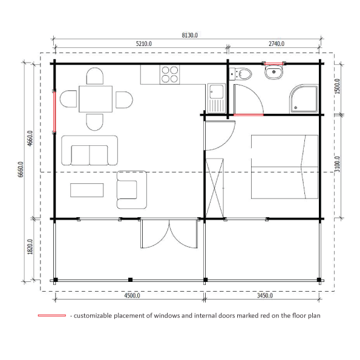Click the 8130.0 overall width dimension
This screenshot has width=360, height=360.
click(x=189, y=35)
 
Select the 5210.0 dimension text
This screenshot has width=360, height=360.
click(x=144, y=44)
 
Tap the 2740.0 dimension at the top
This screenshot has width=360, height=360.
click(x=277, y=44)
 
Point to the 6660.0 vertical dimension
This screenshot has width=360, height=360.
click(x=21, y=169)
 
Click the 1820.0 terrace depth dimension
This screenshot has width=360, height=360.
click(x=30, y=247)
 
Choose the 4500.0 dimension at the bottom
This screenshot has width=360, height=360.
click(x=132, y=295)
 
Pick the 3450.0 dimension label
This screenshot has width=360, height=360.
click(x=265, y=295)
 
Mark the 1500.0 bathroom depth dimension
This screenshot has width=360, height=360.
click(x=337, y=87)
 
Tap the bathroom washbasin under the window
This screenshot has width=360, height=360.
click(x=273, y=72)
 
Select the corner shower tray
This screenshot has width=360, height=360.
click(x=304, y=99)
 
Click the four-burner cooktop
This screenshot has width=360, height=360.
click(x=169, y=74)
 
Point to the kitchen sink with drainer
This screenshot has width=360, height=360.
click(x=216, y=98)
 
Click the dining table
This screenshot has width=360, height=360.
click(x=96, y=99)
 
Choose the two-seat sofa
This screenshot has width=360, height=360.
click(x=90, y=151)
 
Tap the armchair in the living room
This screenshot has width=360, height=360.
click(x=131, y=189)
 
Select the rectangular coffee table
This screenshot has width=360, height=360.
click(x=87, y=190)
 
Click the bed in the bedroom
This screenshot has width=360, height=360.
click(x=285, y=166)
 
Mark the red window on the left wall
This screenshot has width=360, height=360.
click(x=54, y=112)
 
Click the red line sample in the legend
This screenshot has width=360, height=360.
click(x=52, y=315)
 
